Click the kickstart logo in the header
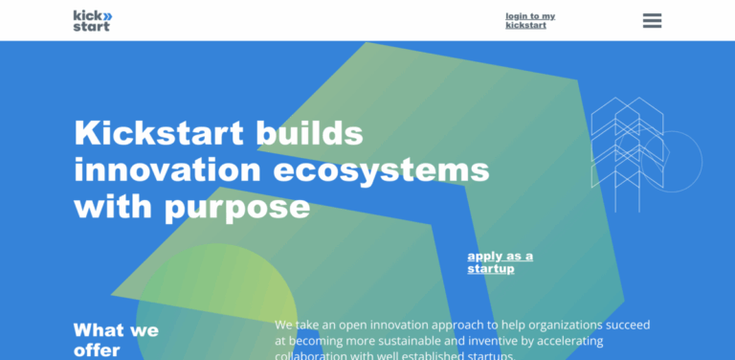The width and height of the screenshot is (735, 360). pyautogui.click(x=92, y=20)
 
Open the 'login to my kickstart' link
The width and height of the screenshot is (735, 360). pyautogui.click(x=530, y=20)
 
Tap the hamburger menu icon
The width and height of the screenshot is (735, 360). pyautogui.click(x=652, y=20)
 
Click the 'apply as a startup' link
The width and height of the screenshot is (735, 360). pyautogui.click(x=500, y=262)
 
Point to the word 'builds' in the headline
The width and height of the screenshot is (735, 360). pyautogui.click(x=309, y=132)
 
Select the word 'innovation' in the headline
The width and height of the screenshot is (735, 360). pyautogui.click(x=165, y=169)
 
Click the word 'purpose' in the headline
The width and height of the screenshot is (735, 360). pyautogui.click(x=239, y=206)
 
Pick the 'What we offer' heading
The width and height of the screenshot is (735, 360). pyautogui.click(x=116, y=340)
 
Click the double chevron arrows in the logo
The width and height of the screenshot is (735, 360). pyautogui.click(x=106, y=15)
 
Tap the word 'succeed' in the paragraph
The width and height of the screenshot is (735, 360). pyautogui.click(x=624, y=325)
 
